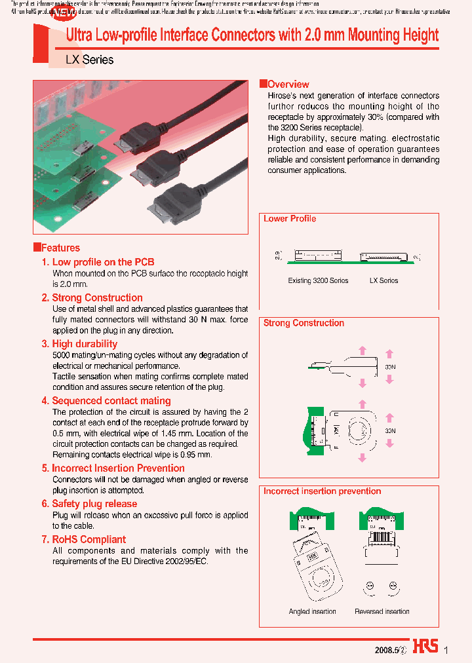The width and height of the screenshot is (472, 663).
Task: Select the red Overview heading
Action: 288,84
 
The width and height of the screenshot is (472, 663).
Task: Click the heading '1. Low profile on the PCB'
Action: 98,262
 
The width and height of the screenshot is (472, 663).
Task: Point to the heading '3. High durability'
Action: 79,343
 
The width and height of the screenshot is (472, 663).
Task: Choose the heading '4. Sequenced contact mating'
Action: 106,400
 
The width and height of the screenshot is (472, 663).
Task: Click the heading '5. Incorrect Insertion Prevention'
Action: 113,468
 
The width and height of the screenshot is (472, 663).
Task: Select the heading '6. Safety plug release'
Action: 89,503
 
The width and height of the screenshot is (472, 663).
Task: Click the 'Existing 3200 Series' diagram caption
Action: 318,280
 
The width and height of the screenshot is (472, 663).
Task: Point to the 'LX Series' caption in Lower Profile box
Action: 383,280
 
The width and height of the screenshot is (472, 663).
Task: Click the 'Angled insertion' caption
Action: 312,611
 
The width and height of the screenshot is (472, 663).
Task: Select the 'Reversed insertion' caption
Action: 382,611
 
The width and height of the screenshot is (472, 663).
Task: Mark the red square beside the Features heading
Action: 37,247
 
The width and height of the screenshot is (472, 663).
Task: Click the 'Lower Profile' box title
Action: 289,219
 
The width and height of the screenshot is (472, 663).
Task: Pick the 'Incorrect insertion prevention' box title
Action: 322,491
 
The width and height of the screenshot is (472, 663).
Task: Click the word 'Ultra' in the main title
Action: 81,36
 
